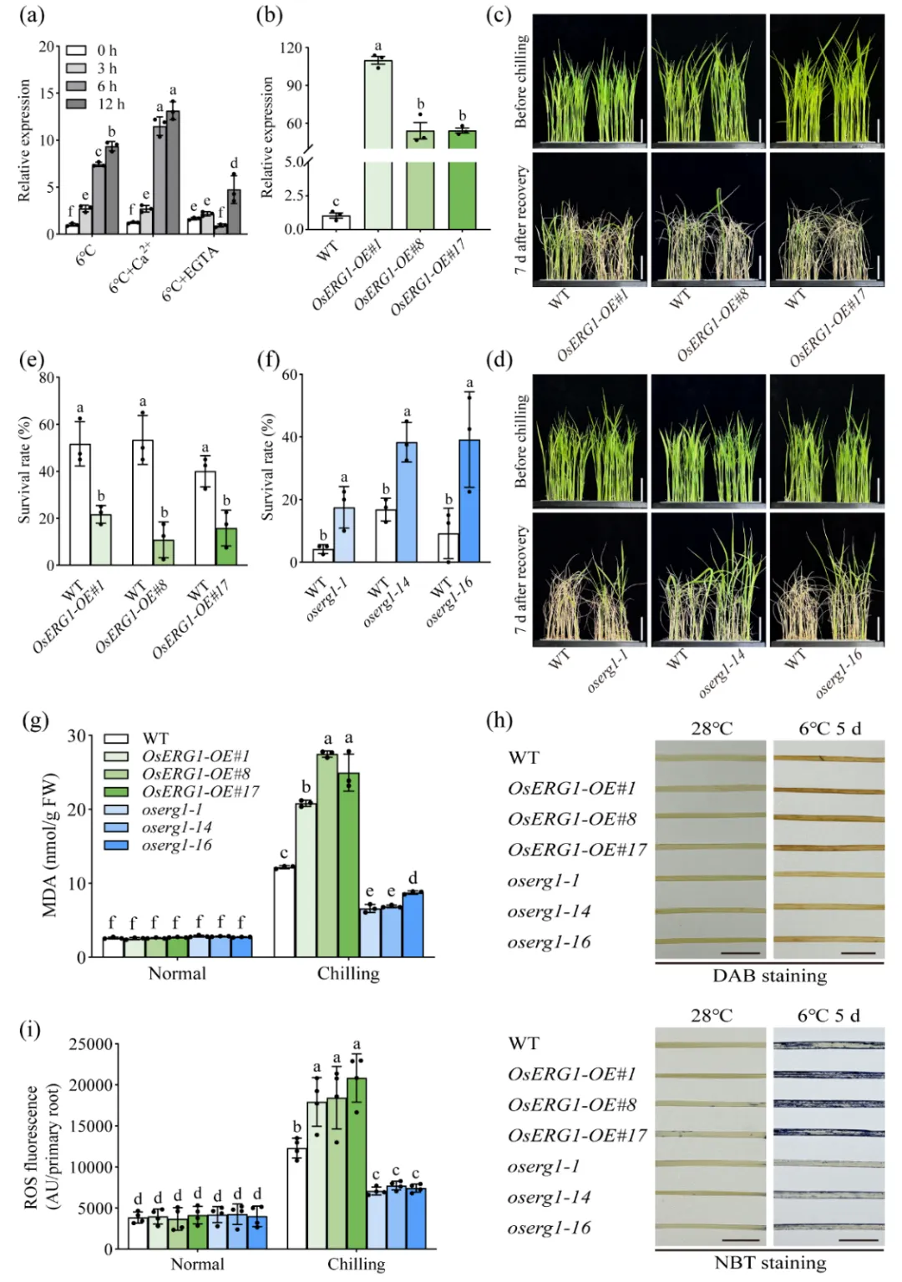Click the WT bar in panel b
pos(336,222)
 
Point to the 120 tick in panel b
pos(291,48)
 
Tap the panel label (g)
pos(34,720)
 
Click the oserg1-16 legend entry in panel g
pos(176,845)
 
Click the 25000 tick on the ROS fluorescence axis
pos(90,1044)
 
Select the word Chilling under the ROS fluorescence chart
pos(356,1264)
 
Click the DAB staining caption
pos(769,976)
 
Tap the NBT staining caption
pos(769,1262)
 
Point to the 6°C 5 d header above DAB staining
pos(829,729)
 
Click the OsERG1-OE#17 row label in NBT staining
pos(577,1135)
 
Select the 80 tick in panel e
pos(47,378)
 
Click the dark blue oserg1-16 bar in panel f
pos(469,501)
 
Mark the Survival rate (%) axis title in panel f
pos(268,467)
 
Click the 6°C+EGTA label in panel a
pos(190,273)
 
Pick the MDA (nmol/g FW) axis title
pos(50,845)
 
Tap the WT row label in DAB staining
pos(524,758)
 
